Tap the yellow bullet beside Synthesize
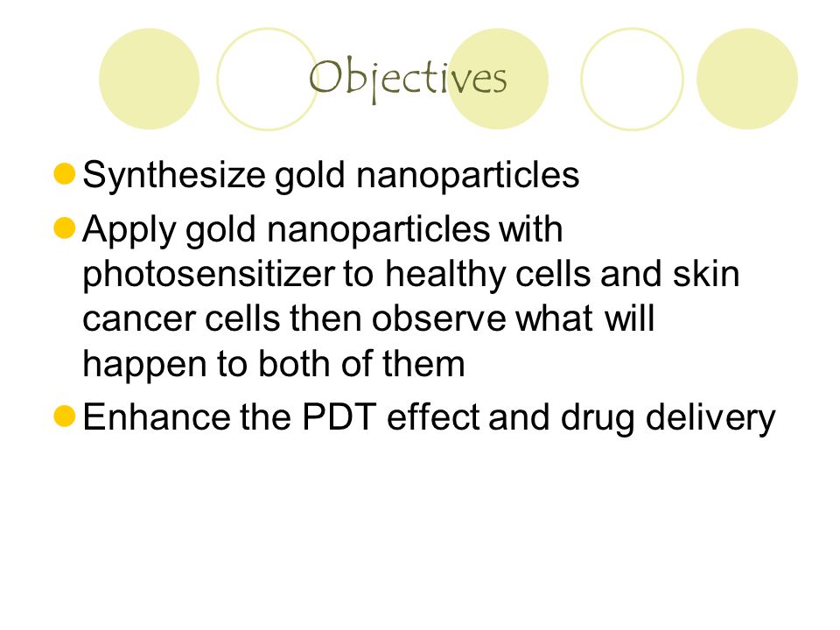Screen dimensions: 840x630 [x=64, y=174]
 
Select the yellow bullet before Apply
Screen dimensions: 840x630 [x=64, y=227]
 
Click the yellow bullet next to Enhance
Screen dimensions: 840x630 [x=64, y=416]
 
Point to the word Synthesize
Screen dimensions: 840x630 [x=174, y=175]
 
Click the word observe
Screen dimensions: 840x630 [x=438, y=318]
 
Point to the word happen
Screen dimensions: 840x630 [x=144, y=365]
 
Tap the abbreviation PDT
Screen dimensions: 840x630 [x=339, y=416]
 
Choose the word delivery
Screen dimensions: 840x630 [x=710, y=418]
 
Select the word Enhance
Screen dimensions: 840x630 [x=156, y=416]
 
